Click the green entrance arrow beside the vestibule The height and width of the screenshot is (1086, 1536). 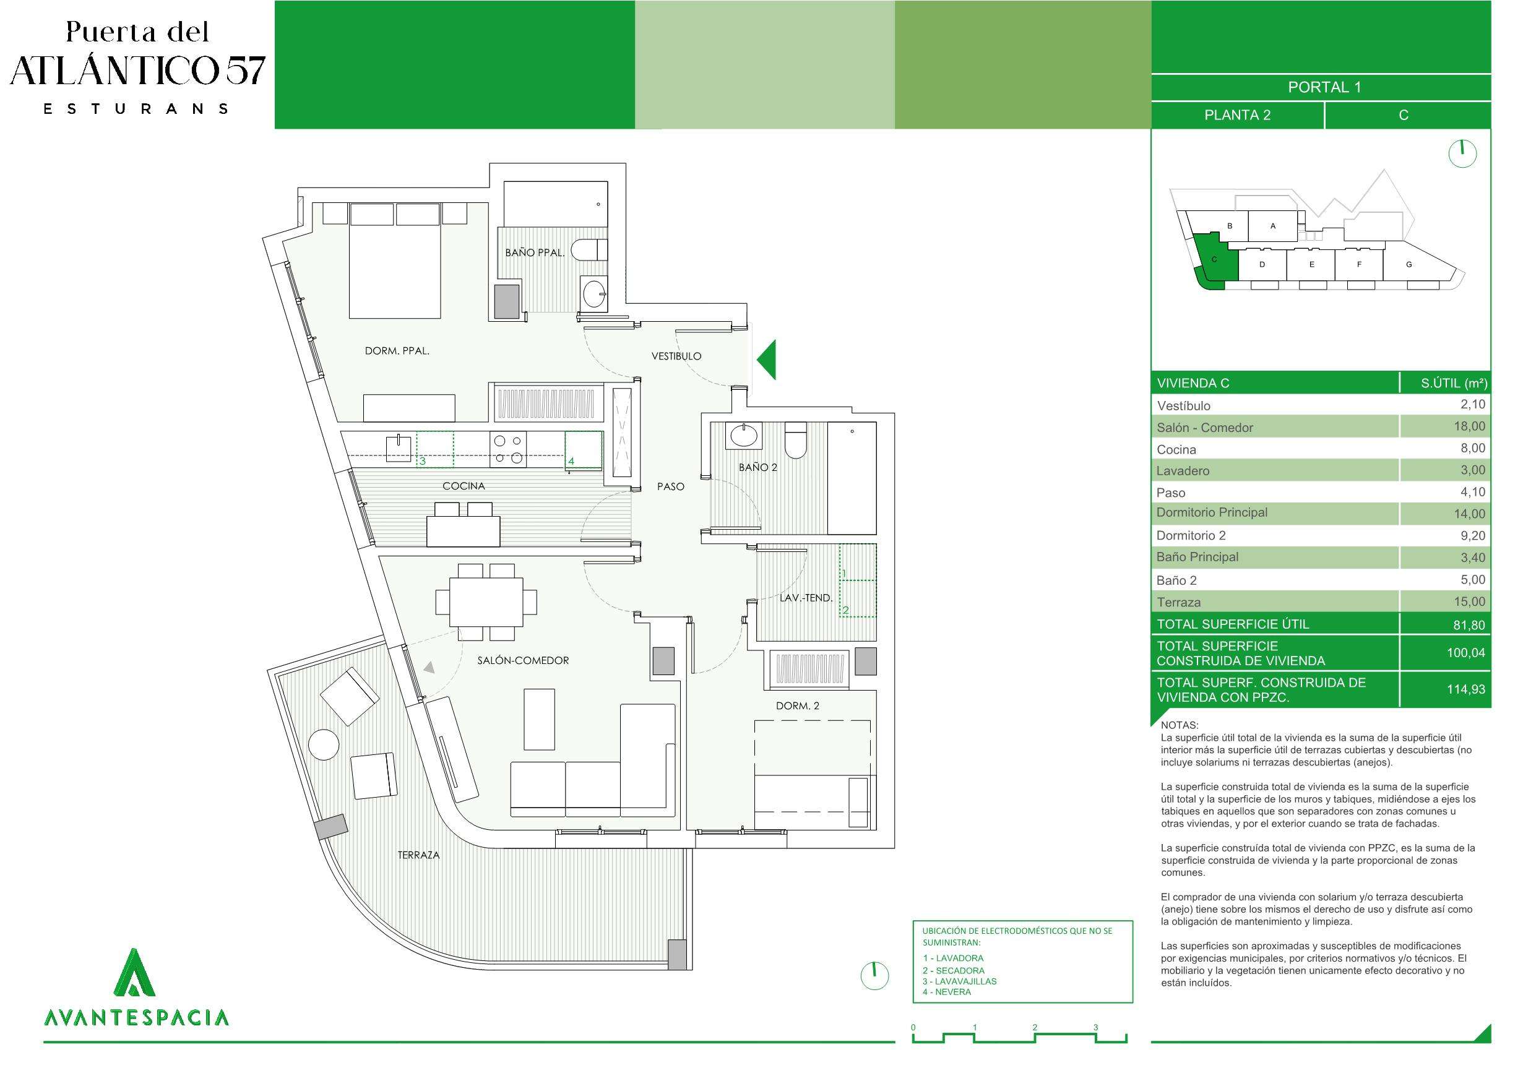pyautogui.click(x=767, y=360)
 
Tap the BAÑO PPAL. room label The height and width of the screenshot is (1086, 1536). pyautogui.click(x=535, y=252)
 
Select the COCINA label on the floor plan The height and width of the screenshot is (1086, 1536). pyautogui.click(x=464, y=486)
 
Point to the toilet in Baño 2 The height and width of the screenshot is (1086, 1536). pyautogui.click(x=795, y=441)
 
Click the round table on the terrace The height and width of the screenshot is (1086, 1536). pyautogui.click(x=324, y=746)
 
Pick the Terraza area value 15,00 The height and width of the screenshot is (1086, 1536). pyautogui.click(x=1469, y=601)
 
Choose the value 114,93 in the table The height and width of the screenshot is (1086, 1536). pyautogui.click(x=1465, y=689)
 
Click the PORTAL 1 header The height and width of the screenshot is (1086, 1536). pyautogui.click(x=1324, y=87)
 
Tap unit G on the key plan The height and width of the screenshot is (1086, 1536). pyautogui.click(x=1409, y=264)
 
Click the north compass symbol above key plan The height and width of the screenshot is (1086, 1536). pyautogui.click(x=1462, y=154)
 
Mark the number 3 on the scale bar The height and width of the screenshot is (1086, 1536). pyautogui.click(x=1096, y=1027)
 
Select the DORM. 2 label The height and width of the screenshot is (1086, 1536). pyautogui.click(x=798, y=705)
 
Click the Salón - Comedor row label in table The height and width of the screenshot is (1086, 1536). pyautogui.click(x=1205, y=428)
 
